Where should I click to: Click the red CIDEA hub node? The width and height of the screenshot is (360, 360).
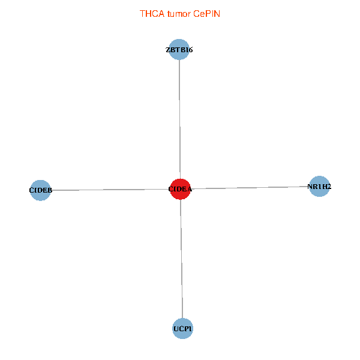coord(180,189)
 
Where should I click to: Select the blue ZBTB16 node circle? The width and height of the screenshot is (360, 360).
coord(179,50)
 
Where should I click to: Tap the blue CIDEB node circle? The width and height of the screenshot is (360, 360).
coord(40,190)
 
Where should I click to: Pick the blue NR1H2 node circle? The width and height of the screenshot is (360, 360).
coord(319,187)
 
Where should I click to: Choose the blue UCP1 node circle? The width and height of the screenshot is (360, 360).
coord(182,328)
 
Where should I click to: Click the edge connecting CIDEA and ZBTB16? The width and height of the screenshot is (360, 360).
coord(179,120)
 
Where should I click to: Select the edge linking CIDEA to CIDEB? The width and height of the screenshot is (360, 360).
coord(108,190)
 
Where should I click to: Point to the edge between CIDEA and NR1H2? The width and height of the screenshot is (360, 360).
coord(249,188)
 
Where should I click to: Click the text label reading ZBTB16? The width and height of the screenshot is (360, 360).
coord(179,50)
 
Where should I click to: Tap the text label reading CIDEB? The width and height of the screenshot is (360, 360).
coord(41,191)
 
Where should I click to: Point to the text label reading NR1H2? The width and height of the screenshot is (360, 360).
coord(319,187)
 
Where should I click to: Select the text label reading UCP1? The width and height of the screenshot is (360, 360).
coord(182,329)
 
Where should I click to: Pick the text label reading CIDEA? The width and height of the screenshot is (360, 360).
coord(180,190)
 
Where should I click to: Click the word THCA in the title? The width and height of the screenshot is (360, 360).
coord(149,13)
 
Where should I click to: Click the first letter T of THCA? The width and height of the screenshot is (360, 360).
coord(142,13)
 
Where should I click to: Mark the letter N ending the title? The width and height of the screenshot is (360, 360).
coord(217,13)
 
